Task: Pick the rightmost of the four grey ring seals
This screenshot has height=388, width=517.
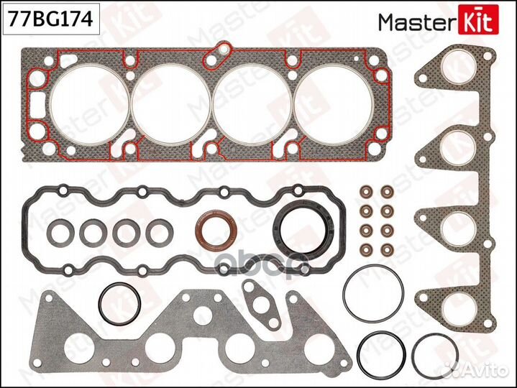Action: [x=157, y=231]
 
